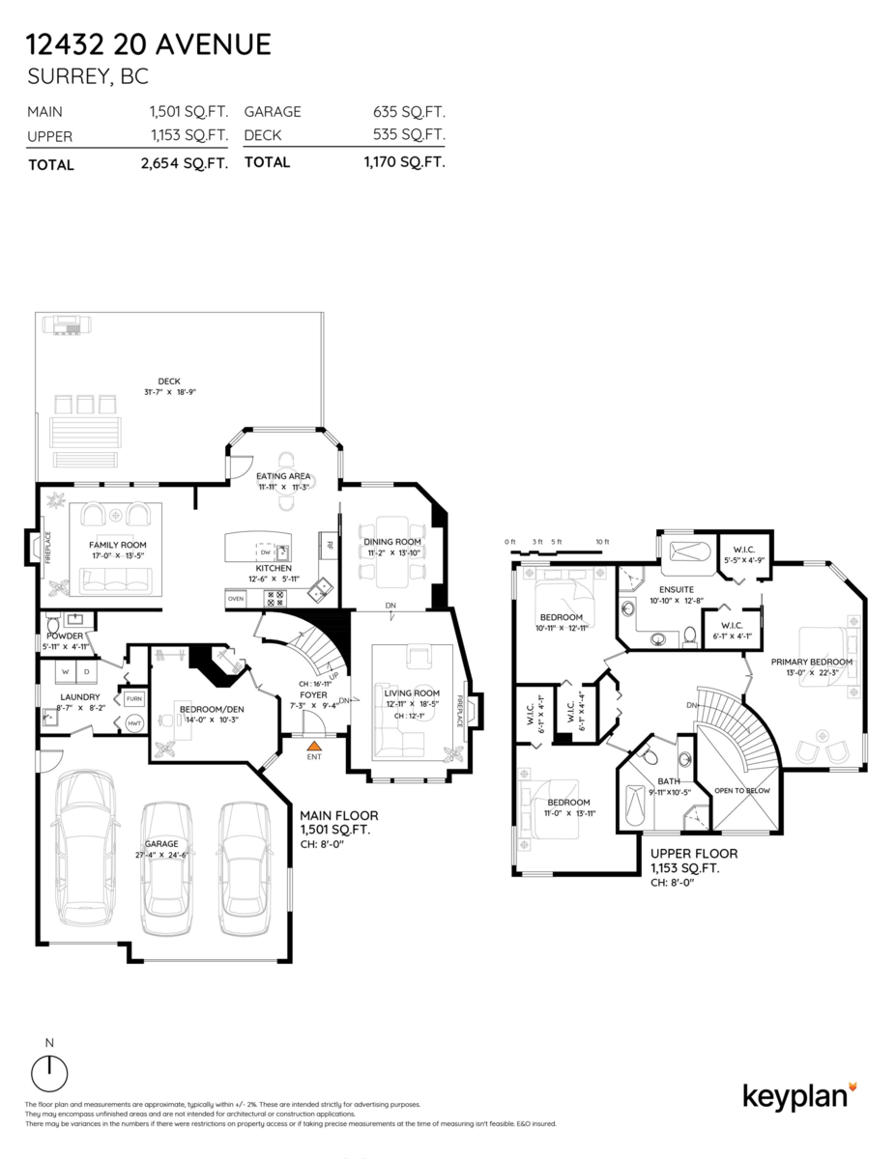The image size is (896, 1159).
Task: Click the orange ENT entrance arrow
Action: pyautogui.click(x=312, y=746)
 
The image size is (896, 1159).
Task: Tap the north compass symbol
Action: pyautogui.click(x=49, y=1073)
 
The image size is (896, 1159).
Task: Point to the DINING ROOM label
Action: pyautogui.click(x=391, y=541)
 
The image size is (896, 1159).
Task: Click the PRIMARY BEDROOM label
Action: pyautogui.click(x=812, y=662)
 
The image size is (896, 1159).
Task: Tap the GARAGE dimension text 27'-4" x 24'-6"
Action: pyautogui.click(x=161, y=855)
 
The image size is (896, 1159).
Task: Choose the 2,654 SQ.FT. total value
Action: pyautogui.click(x=184, y=164)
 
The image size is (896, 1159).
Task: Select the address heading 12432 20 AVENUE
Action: pyautogui.click(x=149, y=44)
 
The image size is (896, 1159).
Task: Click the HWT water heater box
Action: pyautogui.click(x=133, y=722)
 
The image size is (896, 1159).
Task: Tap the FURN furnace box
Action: pyautogui.click(x=133, y=697)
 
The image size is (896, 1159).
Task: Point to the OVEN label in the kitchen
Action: pyautogui.click(x=236, y=599)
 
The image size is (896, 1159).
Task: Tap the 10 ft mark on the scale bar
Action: pyautogui.click(x=602, y=542)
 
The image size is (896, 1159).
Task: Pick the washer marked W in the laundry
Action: pyautogui.click(x=65, y=670)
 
